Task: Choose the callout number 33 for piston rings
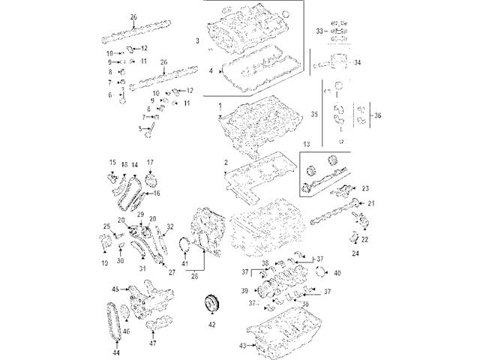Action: [319, 31]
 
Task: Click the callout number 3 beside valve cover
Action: [196, 39]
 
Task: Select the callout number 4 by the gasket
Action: [211, 72]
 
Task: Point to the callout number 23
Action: [365, 188]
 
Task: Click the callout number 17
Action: [149, 163]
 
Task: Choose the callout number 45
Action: [115, 289]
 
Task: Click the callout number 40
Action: [337, 272]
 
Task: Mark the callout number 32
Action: [169, 226]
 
